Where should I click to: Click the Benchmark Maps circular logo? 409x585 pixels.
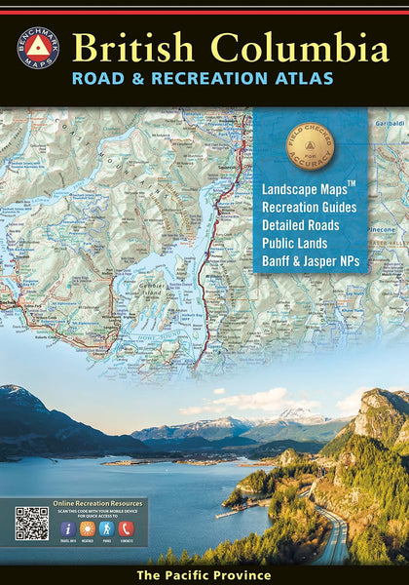(x=38, y=49)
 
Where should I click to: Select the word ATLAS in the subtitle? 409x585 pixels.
(x=305, y=79)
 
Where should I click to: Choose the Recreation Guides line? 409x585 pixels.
(x=309, y=207)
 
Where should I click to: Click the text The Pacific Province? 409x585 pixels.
(x=204, y=575)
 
